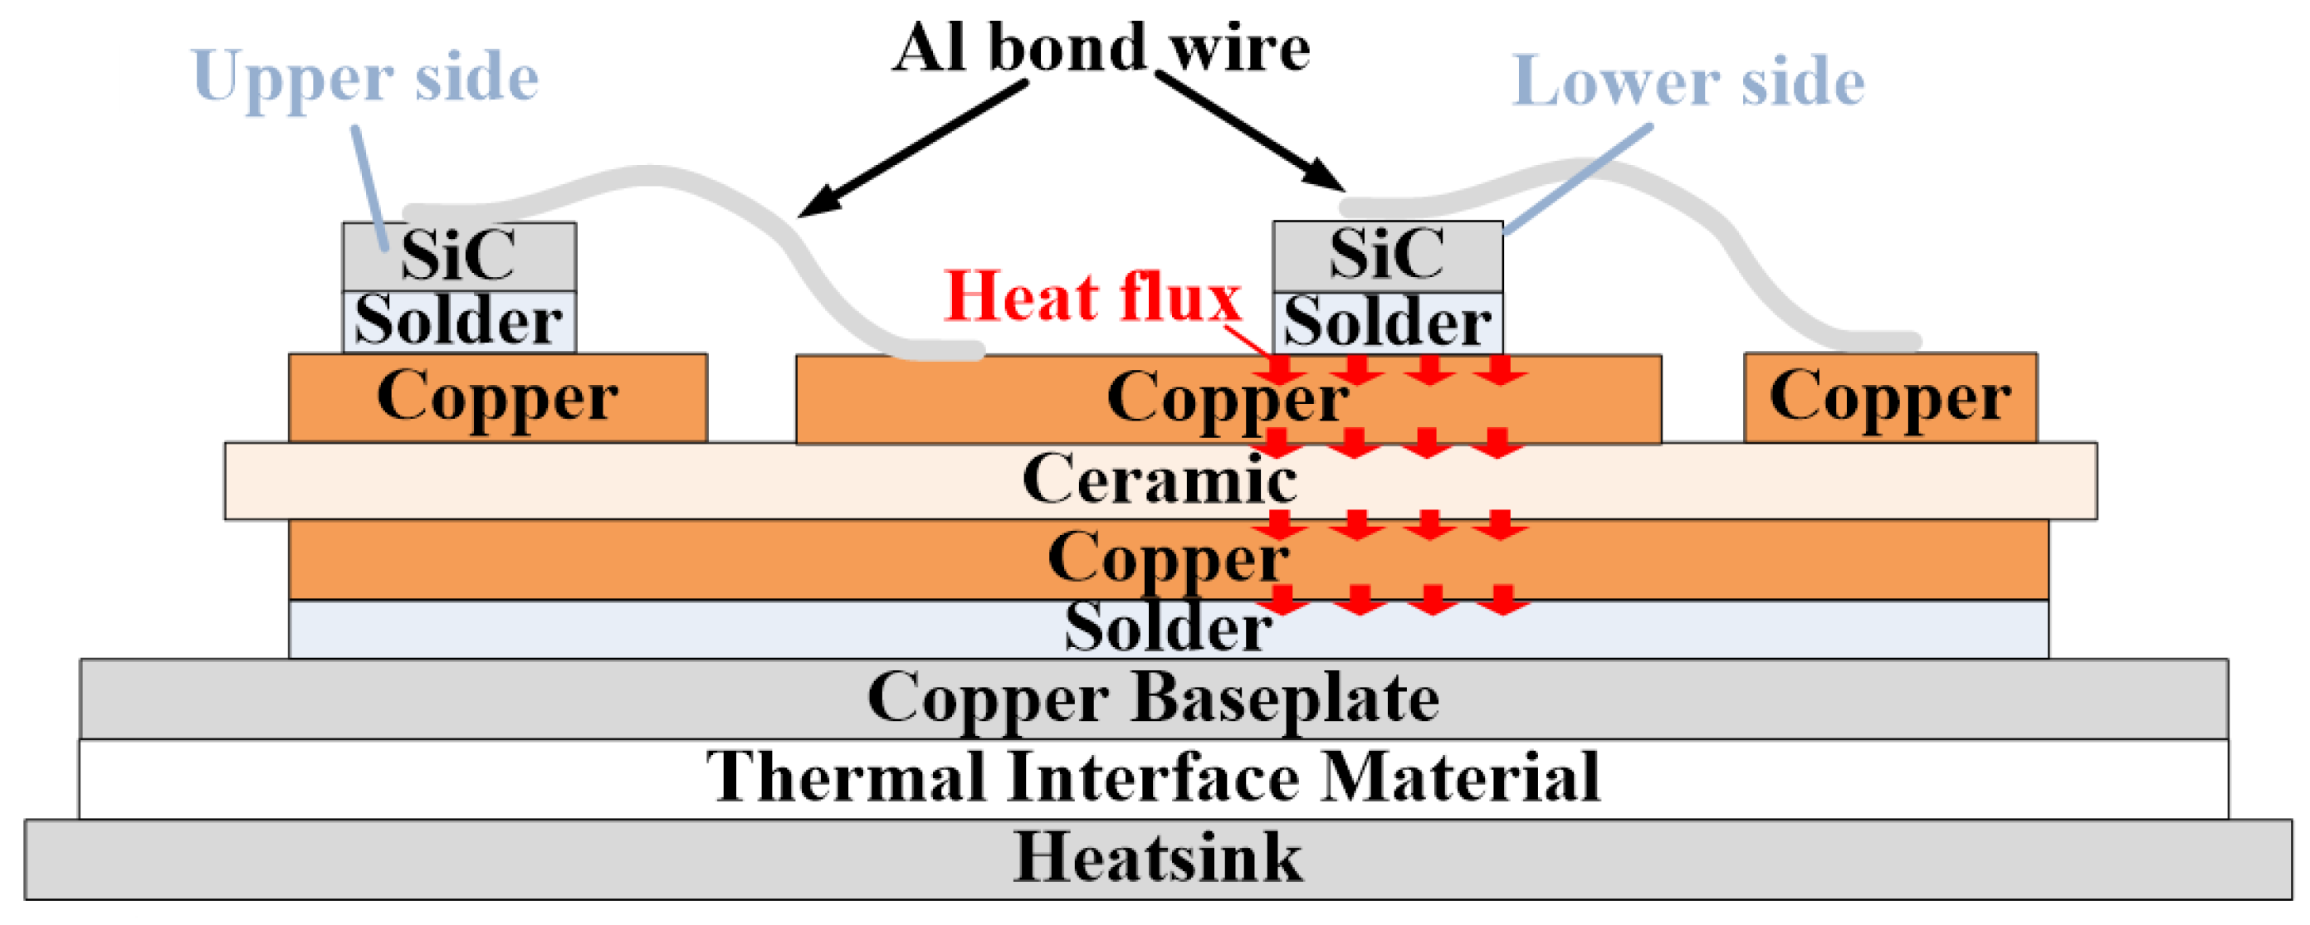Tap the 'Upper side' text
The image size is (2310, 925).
[x=365, y=77]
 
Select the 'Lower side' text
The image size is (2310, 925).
[x=1687, y=80]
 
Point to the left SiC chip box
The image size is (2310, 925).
[x=458, y=256]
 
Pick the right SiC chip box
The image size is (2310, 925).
[x=1387, y=255]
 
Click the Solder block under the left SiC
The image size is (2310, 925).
[x=458, y=321]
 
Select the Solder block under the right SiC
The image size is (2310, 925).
[x=1387, y=323]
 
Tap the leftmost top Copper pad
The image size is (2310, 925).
[x=498, y=397]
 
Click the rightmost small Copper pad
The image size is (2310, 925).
[x=1889, y=397]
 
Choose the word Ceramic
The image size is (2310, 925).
[x=1159, y=480]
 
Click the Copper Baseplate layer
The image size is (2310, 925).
[x=1153, y=699]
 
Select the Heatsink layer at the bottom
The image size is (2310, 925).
[x=1157, y=859]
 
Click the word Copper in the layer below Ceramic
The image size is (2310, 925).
[x=1168, y=558]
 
